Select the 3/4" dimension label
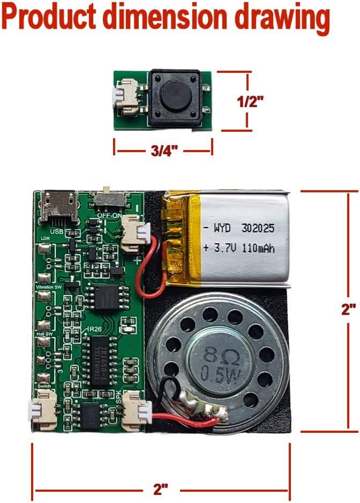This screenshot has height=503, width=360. pos(163,151)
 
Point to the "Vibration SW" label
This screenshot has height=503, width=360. pos(49,288)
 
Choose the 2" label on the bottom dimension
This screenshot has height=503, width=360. pos(161,489)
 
